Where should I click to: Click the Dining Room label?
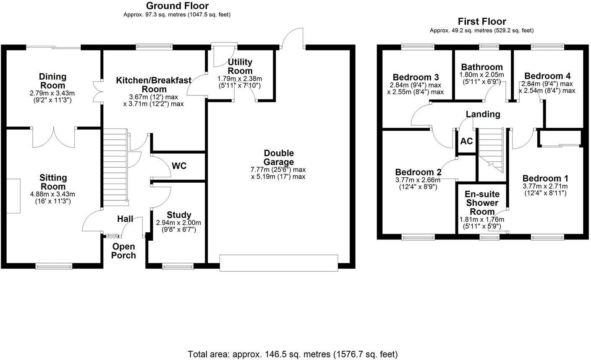52,81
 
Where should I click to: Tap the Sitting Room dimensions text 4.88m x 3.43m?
53,194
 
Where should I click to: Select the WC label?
179,166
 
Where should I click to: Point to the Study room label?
179,215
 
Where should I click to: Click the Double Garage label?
279,158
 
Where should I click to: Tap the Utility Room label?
240,66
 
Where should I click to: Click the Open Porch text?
123,251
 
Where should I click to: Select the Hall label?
125,219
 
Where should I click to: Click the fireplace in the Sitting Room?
13,196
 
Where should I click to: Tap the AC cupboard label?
466,141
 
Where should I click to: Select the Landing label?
483,114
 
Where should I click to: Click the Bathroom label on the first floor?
482,67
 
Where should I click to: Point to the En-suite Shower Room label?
482,203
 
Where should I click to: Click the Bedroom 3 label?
416,77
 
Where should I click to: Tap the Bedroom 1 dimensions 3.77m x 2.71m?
545,186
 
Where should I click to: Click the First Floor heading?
482,21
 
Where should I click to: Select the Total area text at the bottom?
293,354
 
